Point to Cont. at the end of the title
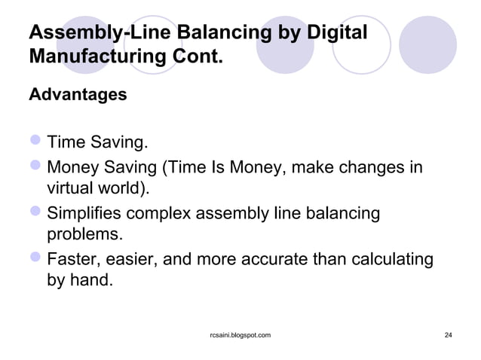point(202,57)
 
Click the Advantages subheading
point(78,96)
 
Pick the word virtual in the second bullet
point(69,188)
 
